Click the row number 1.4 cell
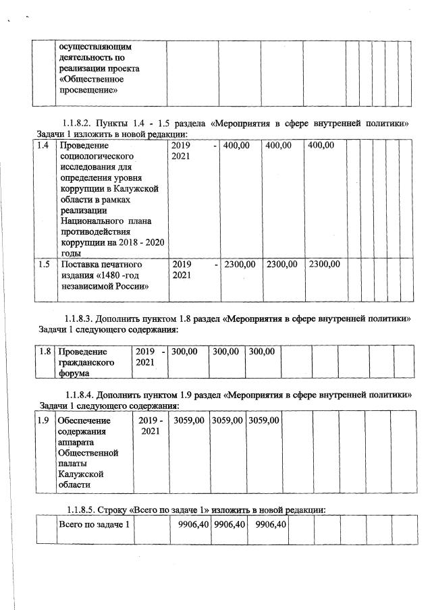coord(44,146)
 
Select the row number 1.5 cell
coord(44,264)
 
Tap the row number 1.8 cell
coord(45,352)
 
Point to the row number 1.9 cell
coord(44,420)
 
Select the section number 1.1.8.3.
coord(82,318)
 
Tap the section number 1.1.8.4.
coord(82,394)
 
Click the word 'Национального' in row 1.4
coord(93,221)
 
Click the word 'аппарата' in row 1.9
coord(78,442)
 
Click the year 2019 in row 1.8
coord(146,352)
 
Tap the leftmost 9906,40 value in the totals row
coord(190,524)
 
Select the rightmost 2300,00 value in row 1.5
coord(324,264)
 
